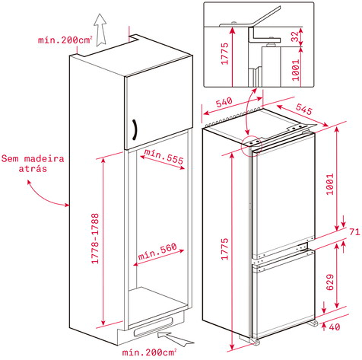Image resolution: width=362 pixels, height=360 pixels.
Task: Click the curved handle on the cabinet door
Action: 135,129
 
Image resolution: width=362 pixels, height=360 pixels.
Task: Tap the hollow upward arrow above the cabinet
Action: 100,30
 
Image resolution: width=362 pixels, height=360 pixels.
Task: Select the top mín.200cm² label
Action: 65,40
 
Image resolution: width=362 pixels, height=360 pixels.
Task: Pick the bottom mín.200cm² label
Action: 149,352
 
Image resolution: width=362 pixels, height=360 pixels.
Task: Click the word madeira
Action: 44,159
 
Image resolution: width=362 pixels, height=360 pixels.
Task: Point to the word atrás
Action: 33,169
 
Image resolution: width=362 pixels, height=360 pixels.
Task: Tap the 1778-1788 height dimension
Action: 95,238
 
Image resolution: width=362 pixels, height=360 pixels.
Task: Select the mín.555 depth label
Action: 164,156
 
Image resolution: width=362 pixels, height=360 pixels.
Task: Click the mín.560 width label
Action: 157,251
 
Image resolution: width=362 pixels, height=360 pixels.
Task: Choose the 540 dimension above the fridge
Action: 224,102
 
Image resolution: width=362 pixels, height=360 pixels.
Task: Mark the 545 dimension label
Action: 303,109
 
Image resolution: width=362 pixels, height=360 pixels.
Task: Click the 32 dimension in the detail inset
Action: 295,37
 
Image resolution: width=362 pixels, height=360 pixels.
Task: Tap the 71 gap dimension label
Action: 354,231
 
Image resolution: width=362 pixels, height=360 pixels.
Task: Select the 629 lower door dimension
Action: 329,282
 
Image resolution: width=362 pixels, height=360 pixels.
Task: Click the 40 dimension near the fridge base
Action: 335,327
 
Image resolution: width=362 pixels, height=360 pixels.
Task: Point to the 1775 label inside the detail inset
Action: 224,53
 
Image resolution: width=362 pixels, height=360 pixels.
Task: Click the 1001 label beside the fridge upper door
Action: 330,184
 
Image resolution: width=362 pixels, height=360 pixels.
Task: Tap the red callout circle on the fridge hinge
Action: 252,146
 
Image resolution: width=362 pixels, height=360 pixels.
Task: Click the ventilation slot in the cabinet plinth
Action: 153,327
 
